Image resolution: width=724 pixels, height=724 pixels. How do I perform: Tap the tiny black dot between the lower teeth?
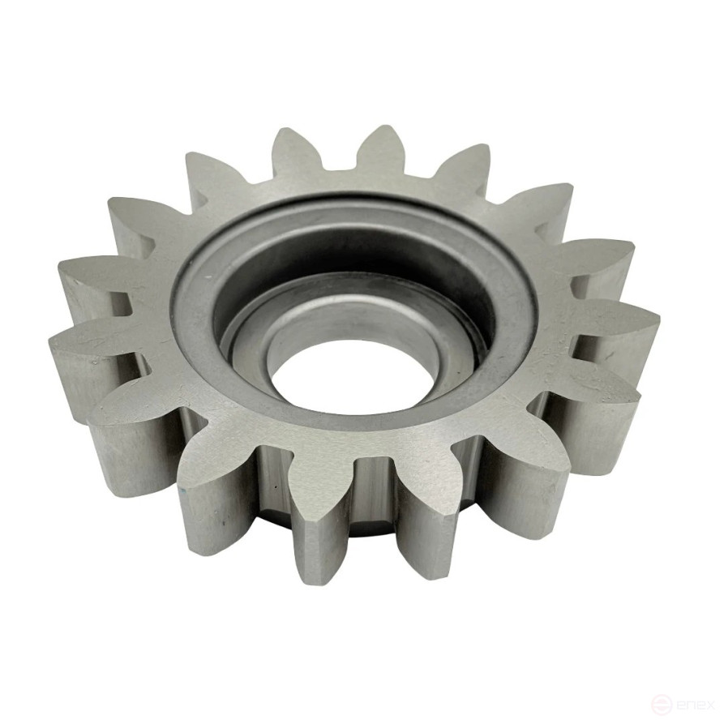click(275, 486)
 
